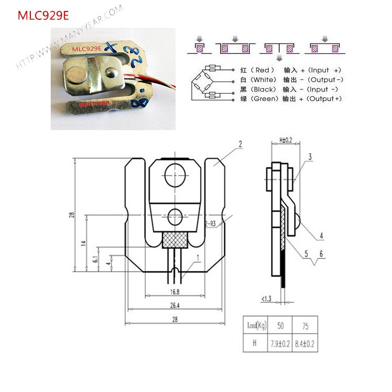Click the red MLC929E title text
click(x=43, y=15)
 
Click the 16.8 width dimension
click(x=175, y=292)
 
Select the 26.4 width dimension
click(x=175, y=305)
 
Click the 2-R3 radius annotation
click(x=211, y=224)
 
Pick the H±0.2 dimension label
click(x=285, y=140)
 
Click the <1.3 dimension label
click(x=267, y=298)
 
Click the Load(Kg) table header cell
click(x=256, y=326)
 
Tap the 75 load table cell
click(x=306, y=326)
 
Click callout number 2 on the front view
click(x=240, y=144)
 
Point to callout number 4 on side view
click(x=321, y=236)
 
